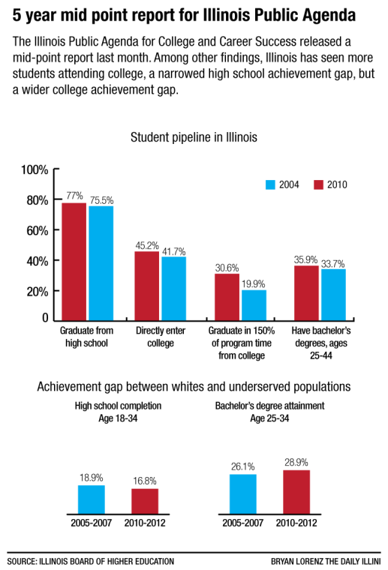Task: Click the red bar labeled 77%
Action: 74,262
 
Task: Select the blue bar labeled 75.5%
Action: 101,263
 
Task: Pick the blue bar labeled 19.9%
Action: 254,304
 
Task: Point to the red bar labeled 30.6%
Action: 227,297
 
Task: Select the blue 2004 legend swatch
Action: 272,184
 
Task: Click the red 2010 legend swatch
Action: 317,184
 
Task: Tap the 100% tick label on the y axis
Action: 35,169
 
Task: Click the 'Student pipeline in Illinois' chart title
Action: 194,137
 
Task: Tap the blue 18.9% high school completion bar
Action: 91,498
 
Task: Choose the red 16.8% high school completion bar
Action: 145,499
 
